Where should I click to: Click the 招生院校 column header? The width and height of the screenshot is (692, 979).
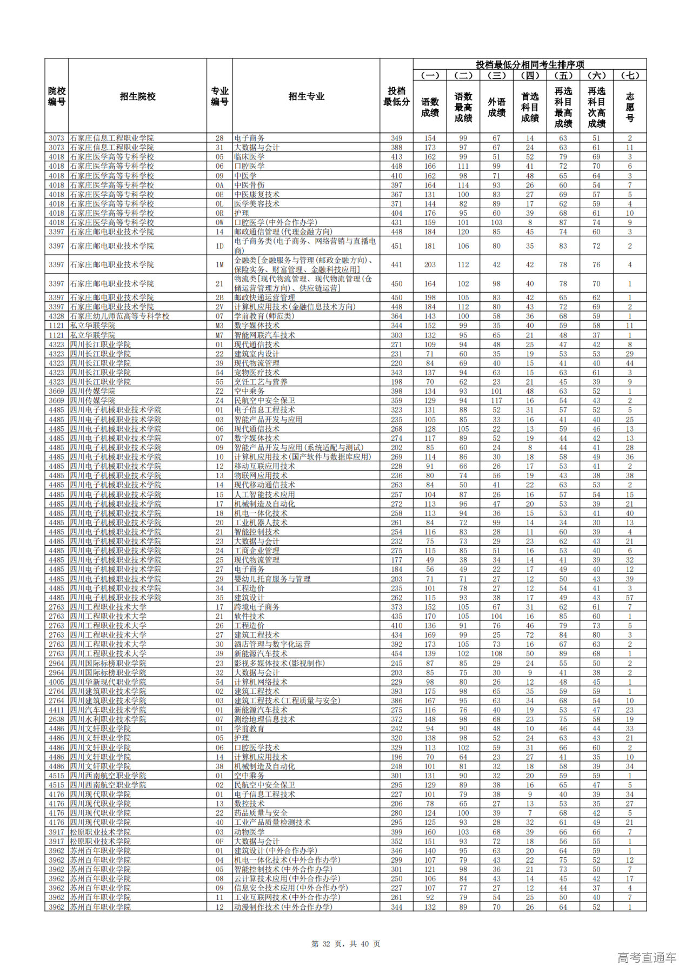click(137, 96)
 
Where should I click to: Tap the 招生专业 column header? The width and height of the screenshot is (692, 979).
click(306, 96)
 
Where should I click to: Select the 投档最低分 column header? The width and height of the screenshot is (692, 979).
click(396, 96)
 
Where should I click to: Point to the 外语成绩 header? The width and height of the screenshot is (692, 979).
click(496, 107)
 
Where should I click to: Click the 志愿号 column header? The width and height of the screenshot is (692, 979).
click(630, 107)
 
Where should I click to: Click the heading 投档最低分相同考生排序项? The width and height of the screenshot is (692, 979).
click(530, 64)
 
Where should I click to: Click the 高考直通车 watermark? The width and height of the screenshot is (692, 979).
click(647, 957)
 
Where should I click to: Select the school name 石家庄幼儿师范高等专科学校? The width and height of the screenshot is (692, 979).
click(119, 316)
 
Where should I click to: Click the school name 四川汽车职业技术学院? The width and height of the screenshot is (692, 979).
click(108, 710)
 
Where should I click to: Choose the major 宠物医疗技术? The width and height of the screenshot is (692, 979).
click(257, 372)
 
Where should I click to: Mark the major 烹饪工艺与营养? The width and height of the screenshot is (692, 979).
click(261, 382)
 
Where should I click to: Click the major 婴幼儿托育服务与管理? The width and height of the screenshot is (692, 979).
click(272, 579)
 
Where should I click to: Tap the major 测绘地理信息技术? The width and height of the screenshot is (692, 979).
click(264, 719)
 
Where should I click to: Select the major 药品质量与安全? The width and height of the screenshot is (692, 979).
click(261, 813)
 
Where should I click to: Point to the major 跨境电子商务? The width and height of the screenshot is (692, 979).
click(257, 607)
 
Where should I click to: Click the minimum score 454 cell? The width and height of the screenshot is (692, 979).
click(396, 654)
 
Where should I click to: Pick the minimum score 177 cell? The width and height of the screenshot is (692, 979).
click(396, 560)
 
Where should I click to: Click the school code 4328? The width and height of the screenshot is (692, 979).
click(56, 316)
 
